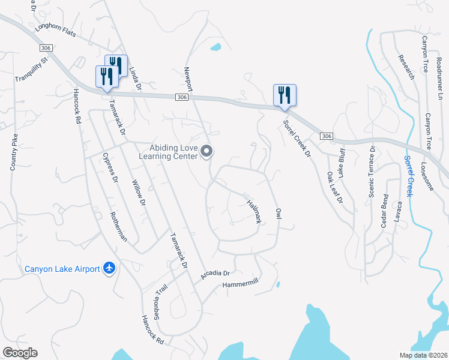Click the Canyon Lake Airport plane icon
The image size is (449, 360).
tap(109, 268)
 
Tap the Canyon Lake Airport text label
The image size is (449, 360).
tap(62, 269)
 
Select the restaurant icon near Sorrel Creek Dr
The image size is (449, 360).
tap(283, 95)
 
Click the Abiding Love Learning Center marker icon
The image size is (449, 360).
tap(206, 151)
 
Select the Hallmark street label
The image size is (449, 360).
tap(254, 211)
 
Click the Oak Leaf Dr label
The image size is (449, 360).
tap(335, 187)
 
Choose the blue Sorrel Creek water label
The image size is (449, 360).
tap(408, 176)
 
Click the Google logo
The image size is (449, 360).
tap(20, 353)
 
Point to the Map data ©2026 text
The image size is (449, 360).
tap(424, 355)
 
